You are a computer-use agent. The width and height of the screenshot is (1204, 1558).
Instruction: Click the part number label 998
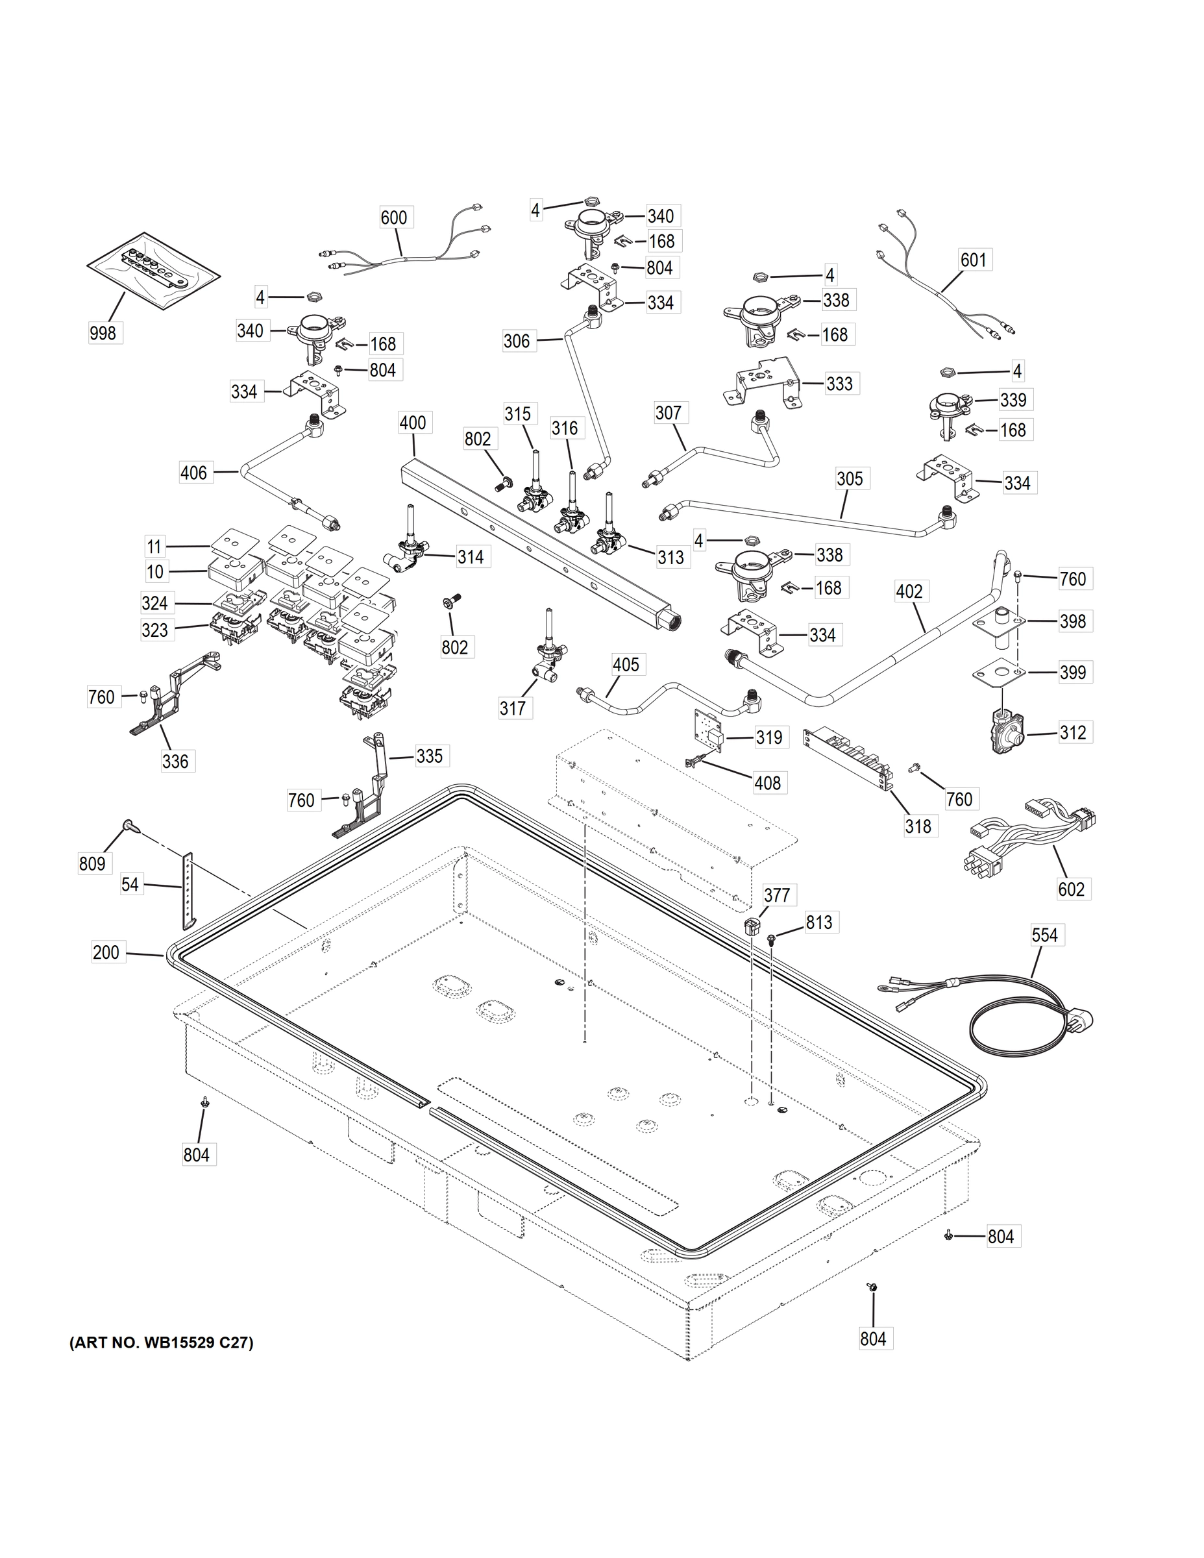coord(103,332)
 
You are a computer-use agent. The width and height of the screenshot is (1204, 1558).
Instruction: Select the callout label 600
coord(394,217)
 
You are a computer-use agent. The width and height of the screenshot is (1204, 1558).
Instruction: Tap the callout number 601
coord(973,260)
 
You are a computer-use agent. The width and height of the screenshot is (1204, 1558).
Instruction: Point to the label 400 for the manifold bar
coord(412,423)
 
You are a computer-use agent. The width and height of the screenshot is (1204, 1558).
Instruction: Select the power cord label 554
coord(1044,935)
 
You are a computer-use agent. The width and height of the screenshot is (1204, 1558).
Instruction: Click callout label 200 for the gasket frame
coord(106,952)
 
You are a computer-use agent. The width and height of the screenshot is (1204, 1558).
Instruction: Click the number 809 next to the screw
coord(92,864)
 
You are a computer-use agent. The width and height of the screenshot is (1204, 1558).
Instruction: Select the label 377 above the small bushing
coord(776,895)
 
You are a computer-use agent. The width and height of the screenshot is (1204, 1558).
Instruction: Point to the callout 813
coord(819,922)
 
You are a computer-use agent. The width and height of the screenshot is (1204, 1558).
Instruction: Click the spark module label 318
coord(918,826)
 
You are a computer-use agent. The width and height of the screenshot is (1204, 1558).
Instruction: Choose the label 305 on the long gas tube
coord(850,478)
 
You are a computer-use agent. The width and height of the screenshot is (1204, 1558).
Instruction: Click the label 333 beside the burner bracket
coord(839,384)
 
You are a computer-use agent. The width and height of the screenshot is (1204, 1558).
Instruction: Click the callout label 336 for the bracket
coord(175,761)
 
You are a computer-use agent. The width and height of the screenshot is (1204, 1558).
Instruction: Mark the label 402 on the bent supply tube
coord(909,591)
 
